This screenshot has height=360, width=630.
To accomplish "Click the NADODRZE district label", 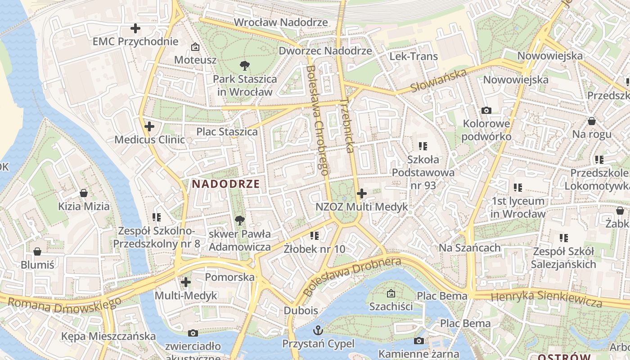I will click(x=226, y=184).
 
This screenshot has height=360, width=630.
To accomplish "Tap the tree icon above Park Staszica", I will click(x=245, y=66).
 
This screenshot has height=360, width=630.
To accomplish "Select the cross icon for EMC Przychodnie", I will click(x=135, y=29).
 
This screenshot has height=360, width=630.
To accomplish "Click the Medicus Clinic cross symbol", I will click(x=149, y=126).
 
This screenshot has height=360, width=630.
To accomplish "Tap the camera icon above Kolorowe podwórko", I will click(x=486, y=110).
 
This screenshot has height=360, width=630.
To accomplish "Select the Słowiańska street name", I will click(x=438, y=81).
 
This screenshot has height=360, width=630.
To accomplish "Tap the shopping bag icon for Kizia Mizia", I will click(x=83, y=193).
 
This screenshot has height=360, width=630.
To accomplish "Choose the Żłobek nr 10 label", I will click(x=315, y=248).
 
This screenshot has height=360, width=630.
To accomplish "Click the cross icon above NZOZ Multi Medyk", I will click(x=361, y=193).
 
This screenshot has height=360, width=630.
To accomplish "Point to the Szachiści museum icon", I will click(x=391, y=293).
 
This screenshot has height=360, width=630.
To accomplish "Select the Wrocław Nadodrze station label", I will click(x=281, y=22).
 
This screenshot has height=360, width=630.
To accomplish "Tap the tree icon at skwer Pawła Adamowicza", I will click(x=240, y=220).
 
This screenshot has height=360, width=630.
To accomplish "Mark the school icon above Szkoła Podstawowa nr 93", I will click(x=423, y=146).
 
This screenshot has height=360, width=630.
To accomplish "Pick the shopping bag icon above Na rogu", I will click(x=591, y=121).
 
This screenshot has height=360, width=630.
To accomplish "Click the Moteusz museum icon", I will click(x=195, y=47).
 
